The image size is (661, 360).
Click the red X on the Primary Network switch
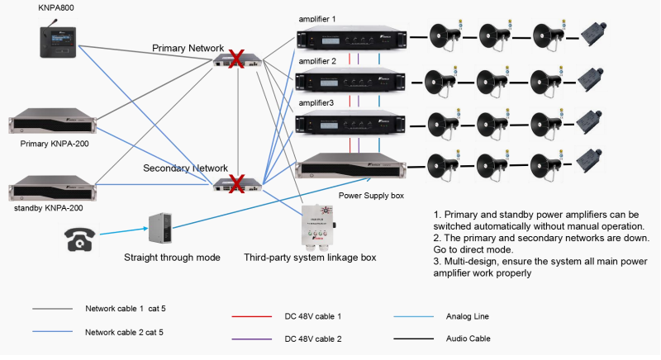pos(235,60)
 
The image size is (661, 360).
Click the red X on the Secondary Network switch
pos(235,182)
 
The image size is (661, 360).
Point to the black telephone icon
pos(81,238)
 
